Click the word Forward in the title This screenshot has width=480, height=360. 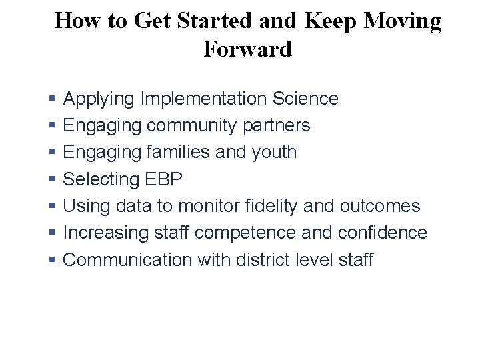247,49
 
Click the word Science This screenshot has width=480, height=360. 305,99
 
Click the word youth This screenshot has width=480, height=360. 274,152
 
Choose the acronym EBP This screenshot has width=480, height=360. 163,179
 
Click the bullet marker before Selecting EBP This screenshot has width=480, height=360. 52,179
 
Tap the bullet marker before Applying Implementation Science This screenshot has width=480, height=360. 52,99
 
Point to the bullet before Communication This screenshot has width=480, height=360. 52,259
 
